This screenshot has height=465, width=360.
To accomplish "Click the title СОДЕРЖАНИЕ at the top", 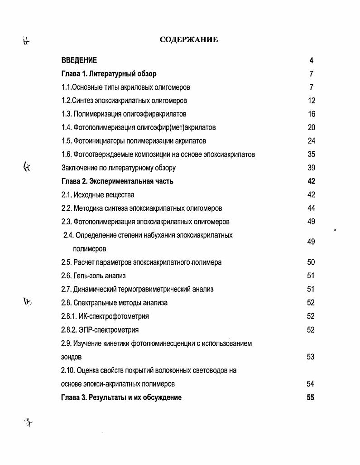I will pyautogui.click(x=189, y=40).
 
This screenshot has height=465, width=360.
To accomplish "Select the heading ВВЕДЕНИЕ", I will pyautogui.click(x=79, y=60).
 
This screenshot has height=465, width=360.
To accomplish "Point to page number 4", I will pyautogui.click(x=311, y=60).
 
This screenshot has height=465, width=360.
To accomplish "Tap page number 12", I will pyautogui.click(x=311, y=101).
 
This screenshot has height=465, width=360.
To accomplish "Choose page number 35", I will pyautogui.click(x=311, y=155).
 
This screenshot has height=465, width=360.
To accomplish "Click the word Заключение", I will pyautogui.click(x=80, y=168).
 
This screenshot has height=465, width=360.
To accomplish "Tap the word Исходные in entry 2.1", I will pyautogui.click(x=87, y=195).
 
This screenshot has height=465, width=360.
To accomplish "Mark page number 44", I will pyautogui.click(x=311, y=208).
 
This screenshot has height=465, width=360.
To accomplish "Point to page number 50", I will pyautogui.click(x=311, y=262).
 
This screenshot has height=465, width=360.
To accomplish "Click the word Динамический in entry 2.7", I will pyautogui.click(x=96, y=289).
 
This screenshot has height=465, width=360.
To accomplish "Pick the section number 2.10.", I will pyautogui.click(x=67, y=370).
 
